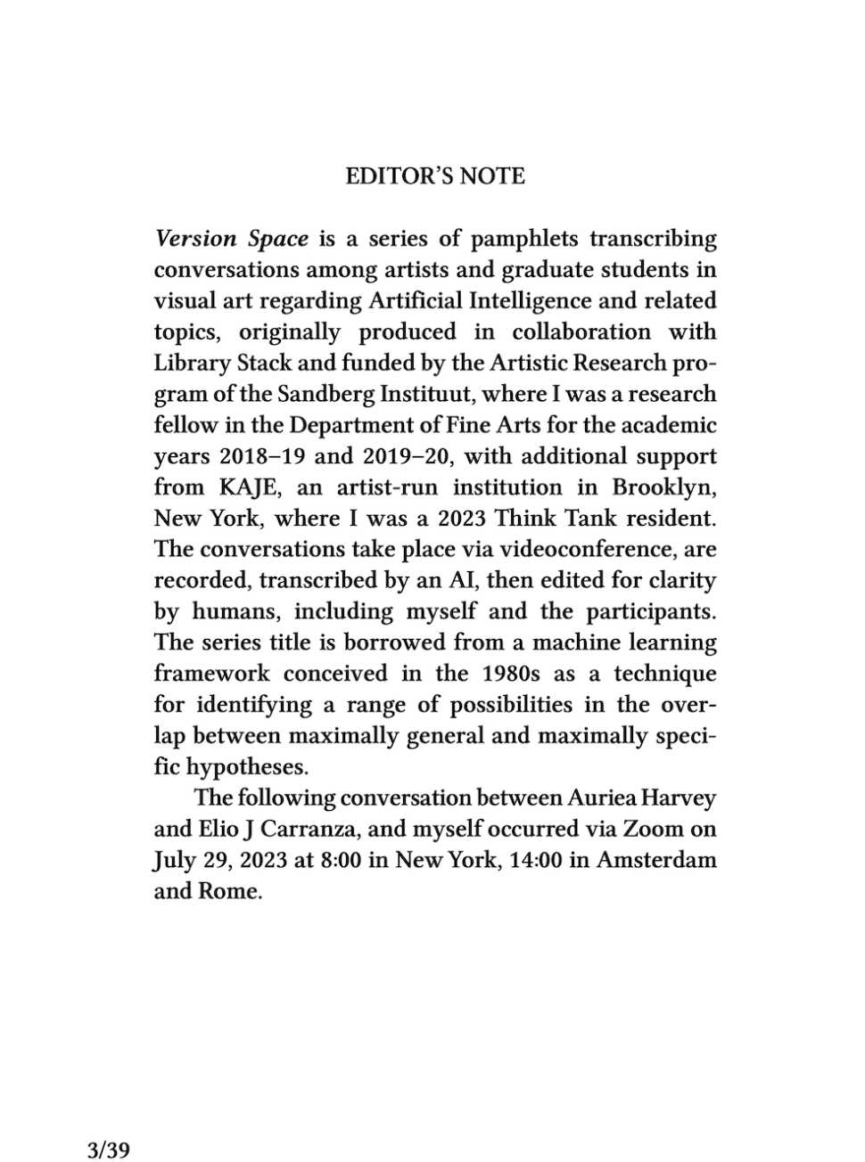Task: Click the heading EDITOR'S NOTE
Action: [434, 176]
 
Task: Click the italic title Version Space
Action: [232, 239]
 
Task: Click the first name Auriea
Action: [599, 798]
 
